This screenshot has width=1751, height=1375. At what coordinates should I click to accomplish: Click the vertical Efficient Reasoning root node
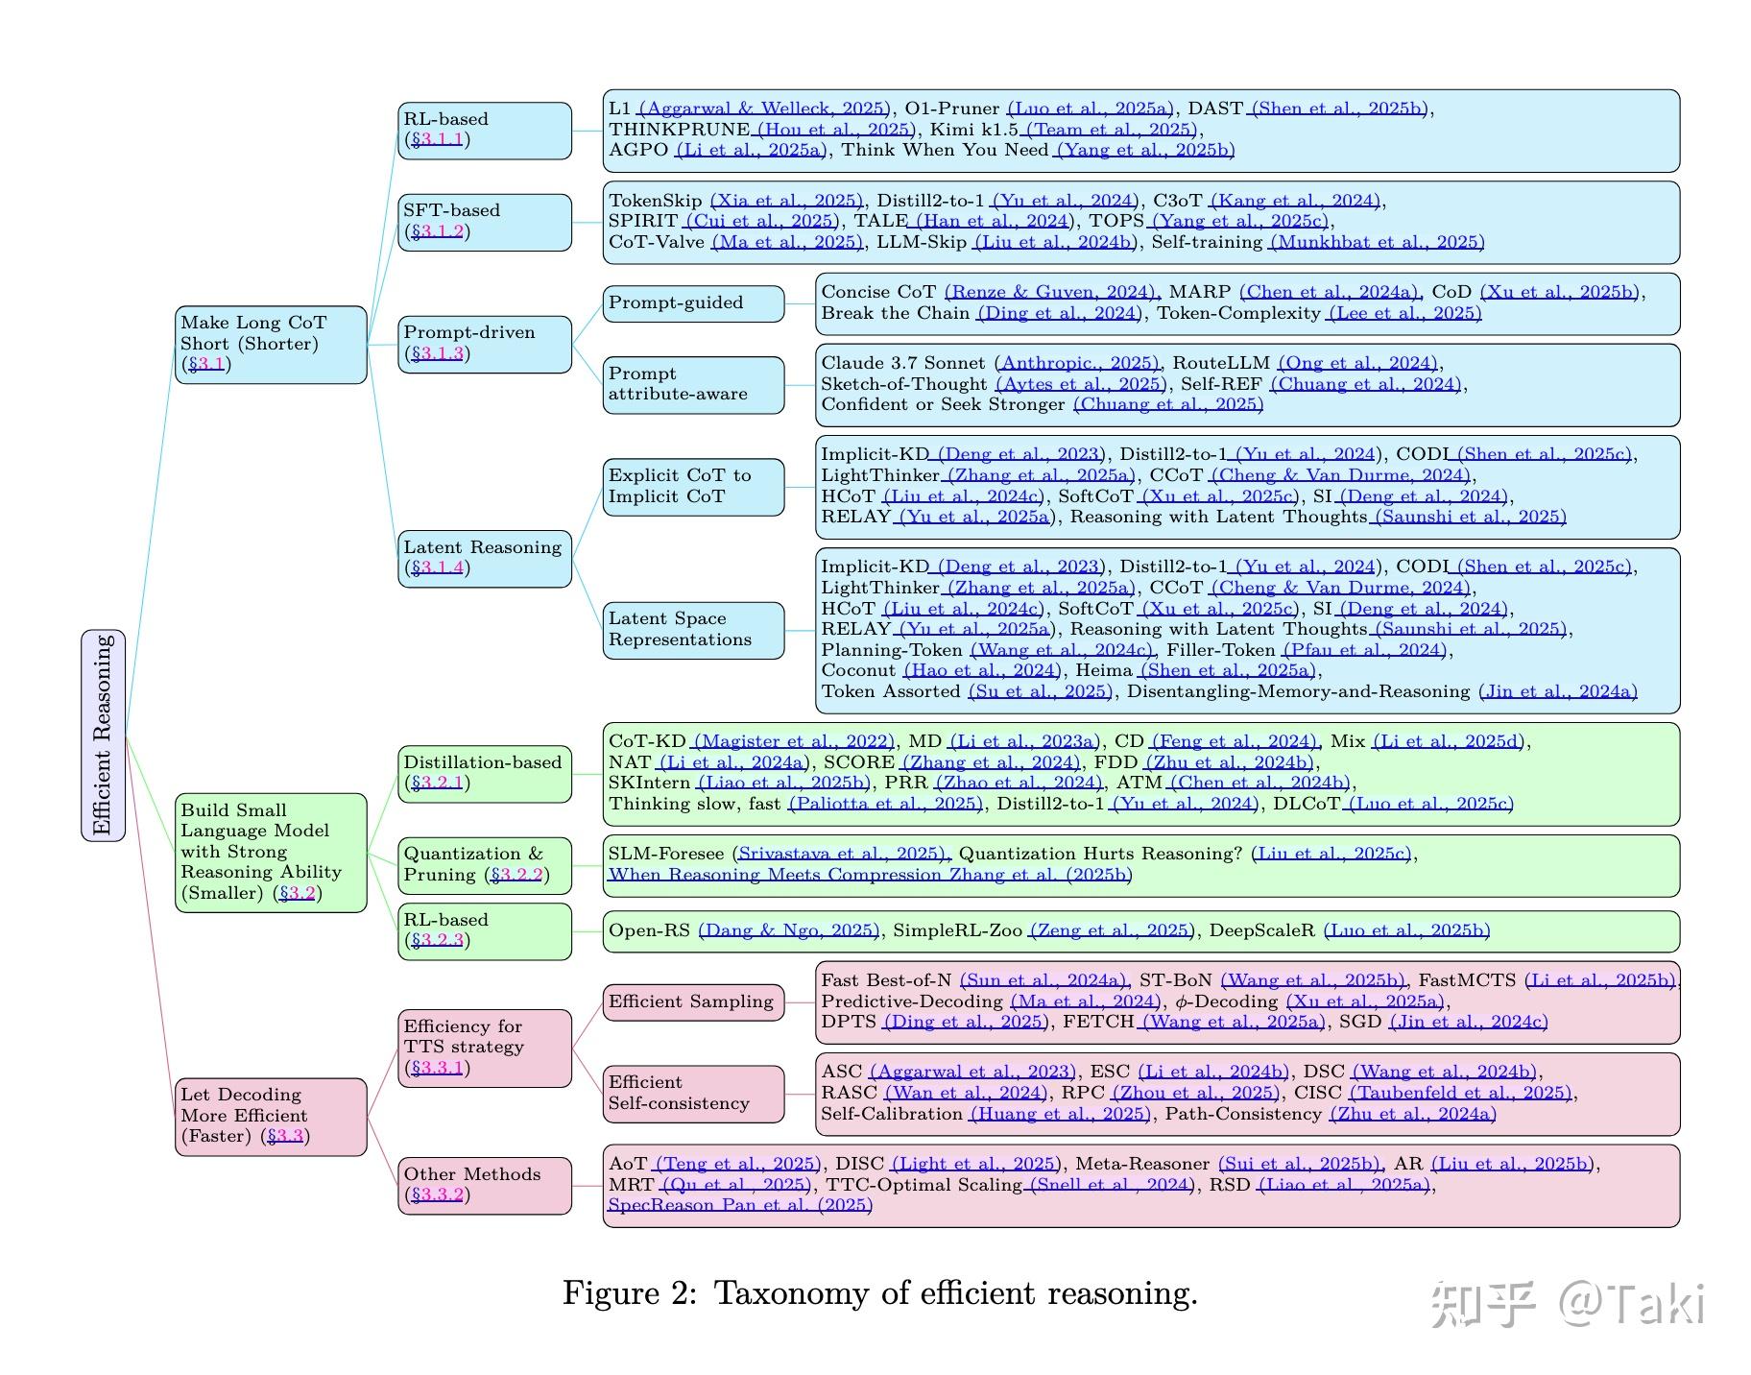pyautogui.click(x=103, y=736)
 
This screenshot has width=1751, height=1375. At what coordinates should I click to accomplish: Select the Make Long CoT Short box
pyautogui.click(x=271, y=345)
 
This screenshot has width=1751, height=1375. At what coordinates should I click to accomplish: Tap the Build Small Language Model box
pyautogui.click(x=271, y=852)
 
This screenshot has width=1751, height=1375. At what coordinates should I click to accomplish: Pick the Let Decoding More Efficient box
pyautogui.click(x=271, y=1116)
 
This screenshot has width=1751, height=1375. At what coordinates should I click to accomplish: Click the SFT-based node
pyautogui.click(x=485, y=222)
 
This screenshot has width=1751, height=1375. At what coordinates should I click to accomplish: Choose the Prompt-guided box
pyautogui.click(x=693, y=303)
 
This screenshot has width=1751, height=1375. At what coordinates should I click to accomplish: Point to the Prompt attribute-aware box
pyautogui.click(x=693, y=384)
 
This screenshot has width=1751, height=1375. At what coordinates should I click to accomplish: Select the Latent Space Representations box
pyautogui.click(x=693, y=630)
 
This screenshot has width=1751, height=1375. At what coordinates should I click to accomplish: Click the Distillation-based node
pyautogui.click(x=485, y=773)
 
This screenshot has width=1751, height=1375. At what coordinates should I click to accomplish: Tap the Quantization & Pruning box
pyautogui.click(x=485, y=865)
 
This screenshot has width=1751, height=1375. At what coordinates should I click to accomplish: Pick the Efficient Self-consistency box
pyautogui.click(x=693, y=1094)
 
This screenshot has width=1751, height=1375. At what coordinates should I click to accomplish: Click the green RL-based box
pyautogui.click(x=485, y=931)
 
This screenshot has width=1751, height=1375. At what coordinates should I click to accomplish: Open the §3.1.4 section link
pyautogui.click(x=438, y=567)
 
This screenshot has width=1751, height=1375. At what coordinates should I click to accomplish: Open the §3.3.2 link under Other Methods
pyautogui.click(x=438, y=1195)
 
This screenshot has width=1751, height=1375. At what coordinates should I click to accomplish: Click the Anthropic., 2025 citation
pyautogui.click(x=1077, y=363)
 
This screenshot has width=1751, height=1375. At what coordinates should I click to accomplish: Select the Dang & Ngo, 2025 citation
pyautogui.click(x=788, y=930)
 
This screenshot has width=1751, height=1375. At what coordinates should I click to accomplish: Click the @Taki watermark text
pyautogui.click(x=1632, y=1304)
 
